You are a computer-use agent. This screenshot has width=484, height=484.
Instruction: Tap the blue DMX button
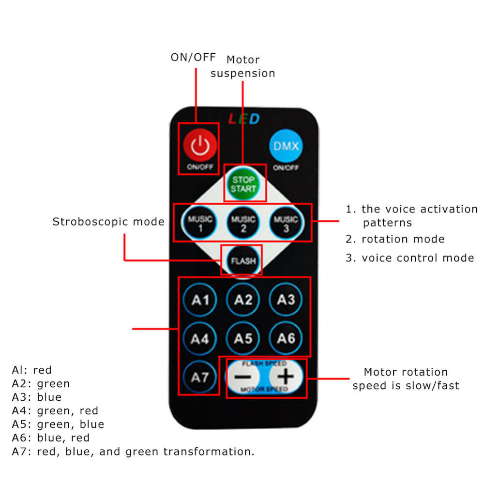click(286, 146)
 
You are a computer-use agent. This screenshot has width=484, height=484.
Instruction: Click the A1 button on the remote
click(200, 300)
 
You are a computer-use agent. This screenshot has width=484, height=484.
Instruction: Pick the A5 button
click(243, 338)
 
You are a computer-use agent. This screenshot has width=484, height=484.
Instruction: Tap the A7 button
click(200, 377)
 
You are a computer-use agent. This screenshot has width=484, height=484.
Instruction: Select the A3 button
click(286, 300)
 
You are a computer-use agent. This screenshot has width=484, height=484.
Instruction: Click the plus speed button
click(286, 376)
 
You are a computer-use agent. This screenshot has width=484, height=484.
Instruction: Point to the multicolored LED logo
click(244, 119)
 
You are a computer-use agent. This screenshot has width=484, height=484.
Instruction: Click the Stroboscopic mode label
click(108, 222)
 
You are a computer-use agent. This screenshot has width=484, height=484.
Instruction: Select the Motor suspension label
click(243, 67)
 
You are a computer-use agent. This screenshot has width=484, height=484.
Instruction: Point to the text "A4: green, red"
click(55, 410)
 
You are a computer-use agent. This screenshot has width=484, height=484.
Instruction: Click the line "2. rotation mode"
click(395, 239)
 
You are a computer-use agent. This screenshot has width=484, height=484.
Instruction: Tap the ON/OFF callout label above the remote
click(193, 57)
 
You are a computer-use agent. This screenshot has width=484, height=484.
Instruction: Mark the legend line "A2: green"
click(41, 384)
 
